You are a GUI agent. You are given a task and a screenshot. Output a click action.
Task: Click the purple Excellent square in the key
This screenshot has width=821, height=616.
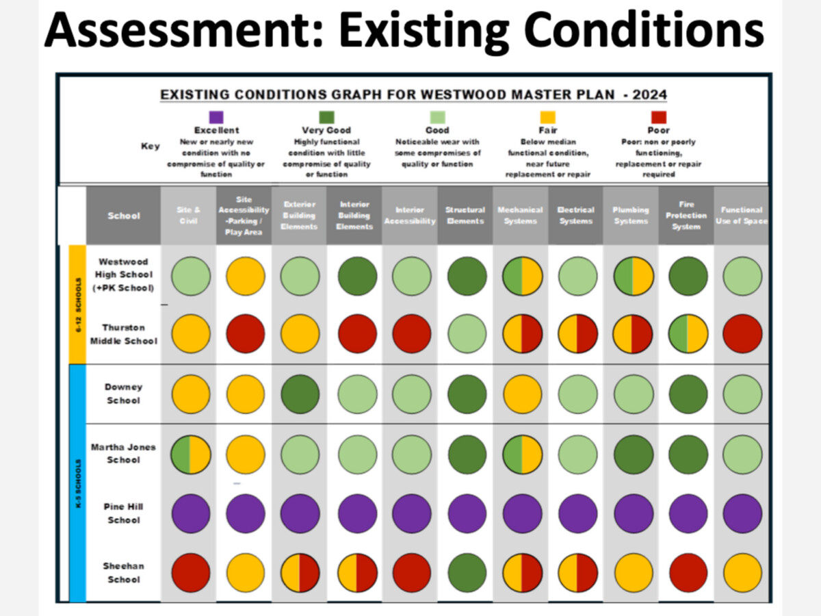tap(216, 117)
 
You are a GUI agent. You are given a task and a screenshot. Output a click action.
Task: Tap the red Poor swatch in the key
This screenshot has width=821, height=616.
tap(658, 117)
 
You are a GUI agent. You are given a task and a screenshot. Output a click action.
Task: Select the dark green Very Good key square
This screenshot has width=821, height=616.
tap(326, 117)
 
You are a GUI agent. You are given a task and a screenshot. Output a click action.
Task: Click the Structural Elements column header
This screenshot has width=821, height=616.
tap(465, 216)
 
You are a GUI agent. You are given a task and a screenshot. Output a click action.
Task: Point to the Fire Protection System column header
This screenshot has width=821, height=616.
tap(686, 216)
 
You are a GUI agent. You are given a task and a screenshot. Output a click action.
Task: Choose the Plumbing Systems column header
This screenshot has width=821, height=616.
tap(631, 216)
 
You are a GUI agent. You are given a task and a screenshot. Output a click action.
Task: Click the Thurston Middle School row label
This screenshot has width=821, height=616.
tap(124, 334)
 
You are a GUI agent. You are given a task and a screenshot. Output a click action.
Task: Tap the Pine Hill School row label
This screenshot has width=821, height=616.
tap(124, 513)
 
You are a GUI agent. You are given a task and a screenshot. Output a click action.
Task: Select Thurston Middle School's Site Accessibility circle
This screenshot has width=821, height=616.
tap(245, 334)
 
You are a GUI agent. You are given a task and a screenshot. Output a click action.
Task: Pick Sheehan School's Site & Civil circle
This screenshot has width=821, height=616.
tap(190, 572)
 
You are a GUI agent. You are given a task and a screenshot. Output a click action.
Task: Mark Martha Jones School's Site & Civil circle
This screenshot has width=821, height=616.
tap(190, 454)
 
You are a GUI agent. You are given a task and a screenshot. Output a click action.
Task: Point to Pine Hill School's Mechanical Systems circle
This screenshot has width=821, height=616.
tap(521, 513)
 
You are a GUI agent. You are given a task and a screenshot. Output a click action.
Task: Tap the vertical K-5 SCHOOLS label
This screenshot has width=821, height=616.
tap(78, 483)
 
